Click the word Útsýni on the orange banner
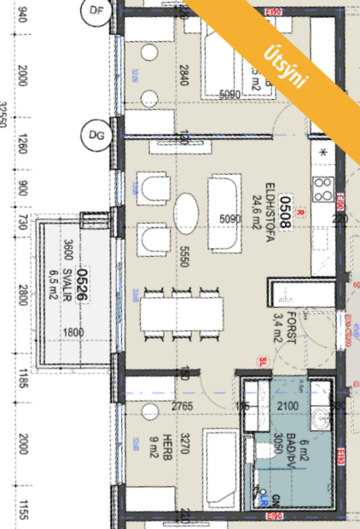click(287, 61)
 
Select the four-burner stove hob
click(324, 186)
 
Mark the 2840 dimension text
click(183, 78)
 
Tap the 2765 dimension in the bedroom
click(183, 404)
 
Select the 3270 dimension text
click(183, 448)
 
